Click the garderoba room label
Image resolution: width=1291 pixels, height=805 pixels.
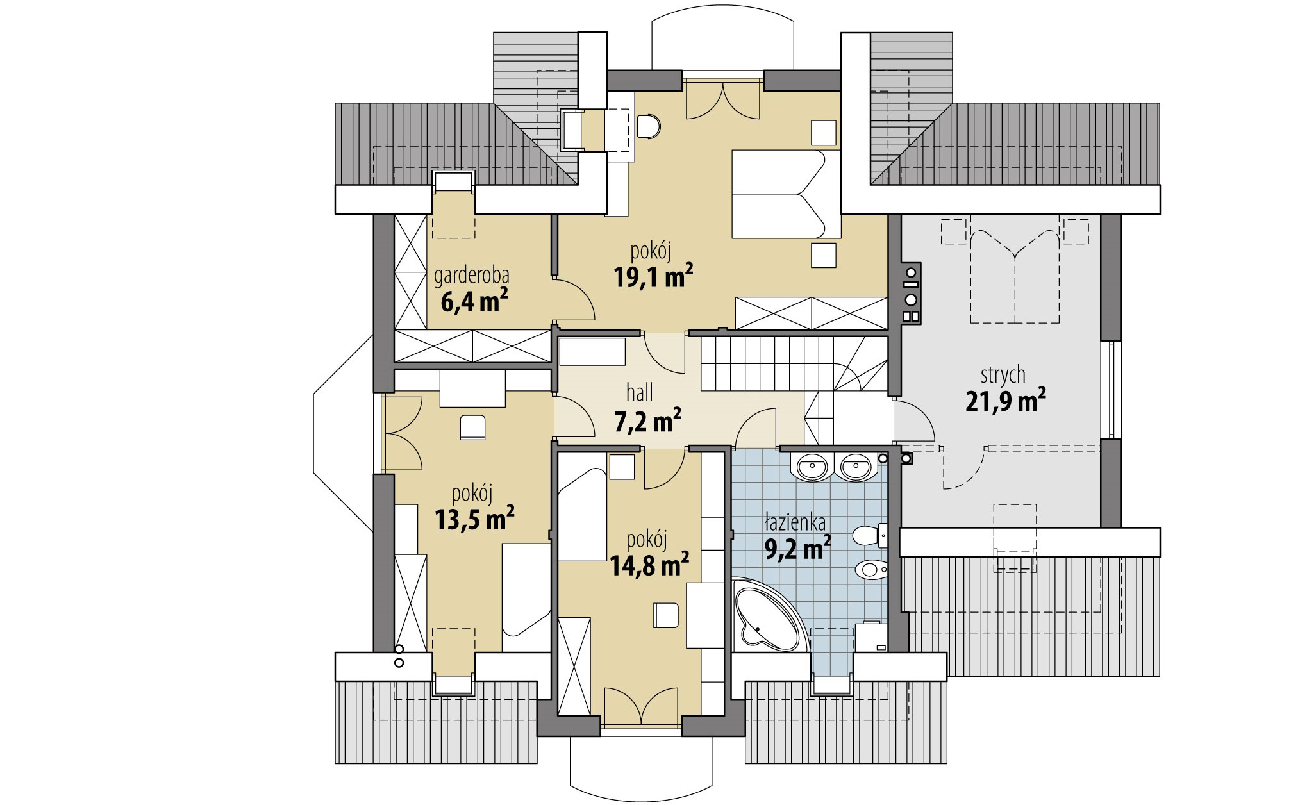coord(472,276)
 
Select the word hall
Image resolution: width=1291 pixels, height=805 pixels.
coord(639,393)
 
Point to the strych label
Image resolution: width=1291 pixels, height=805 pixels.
coord(1003,375)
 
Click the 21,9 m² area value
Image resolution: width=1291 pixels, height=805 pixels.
coord(1006,402)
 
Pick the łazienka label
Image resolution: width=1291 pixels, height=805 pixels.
coord(794,524)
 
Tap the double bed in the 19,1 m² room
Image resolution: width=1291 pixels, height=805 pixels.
coord(786,194)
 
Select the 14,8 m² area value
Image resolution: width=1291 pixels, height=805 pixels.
coord(648,566)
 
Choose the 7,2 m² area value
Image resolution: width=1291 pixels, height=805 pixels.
coord(648,422)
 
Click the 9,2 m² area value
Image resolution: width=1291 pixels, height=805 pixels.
coord(798,549)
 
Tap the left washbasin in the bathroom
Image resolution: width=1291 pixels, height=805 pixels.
coord(813,466)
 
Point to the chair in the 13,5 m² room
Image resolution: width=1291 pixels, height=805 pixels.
coord(473,427)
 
